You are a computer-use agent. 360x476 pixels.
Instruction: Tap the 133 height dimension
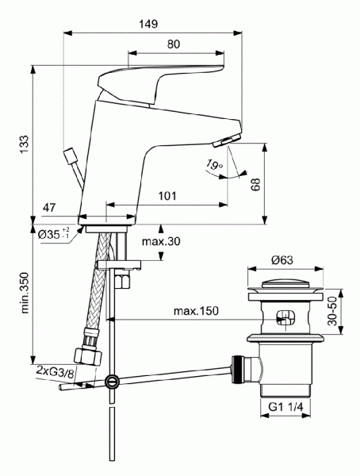coord(25,143)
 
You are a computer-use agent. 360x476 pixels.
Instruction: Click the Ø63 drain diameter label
coord(283,259)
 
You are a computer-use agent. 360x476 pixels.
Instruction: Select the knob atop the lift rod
coord(67,152)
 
